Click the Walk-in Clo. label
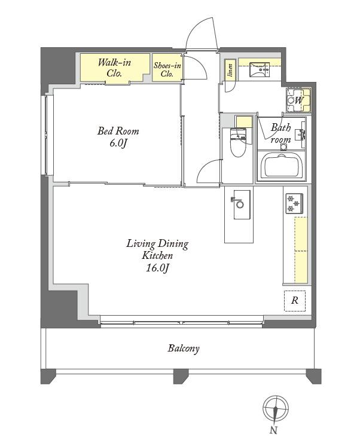click(x=114, y=68)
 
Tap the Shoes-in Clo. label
click(x=167, y=70)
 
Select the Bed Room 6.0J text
click(x=118, y=137)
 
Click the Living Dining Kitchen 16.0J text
click(x=157, y=256)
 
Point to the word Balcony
click(x=184, y=348)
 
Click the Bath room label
click(x=280, y=133)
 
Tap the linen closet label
click(x=230, y=70)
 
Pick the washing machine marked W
click(x=298, y=100)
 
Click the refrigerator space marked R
click(x=295, y=301)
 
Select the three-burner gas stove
click(x=294, y=203)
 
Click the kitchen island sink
click(x=242, y=204)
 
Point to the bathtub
click(x=282, y=166)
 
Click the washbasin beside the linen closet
click(x=260, y=70)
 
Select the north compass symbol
click(x=275, y=409)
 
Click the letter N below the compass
click(x=273, y=430)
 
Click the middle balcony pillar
click(x=181, y=376)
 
